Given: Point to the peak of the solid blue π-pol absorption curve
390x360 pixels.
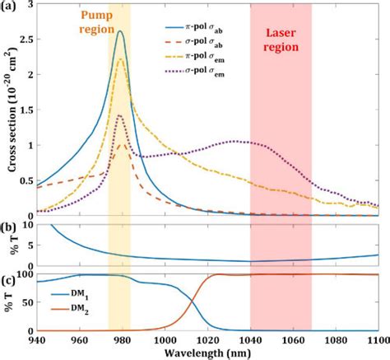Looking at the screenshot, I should click(120, 32).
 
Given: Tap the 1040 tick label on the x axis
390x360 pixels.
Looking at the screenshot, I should click(250, 339).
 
